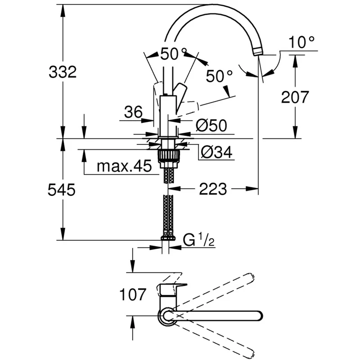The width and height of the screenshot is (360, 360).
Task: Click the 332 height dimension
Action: pyautogui.click(x=63, y=72)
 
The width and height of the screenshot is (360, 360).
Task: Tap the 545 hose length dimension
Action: pyautogui.click(x=62, y=190)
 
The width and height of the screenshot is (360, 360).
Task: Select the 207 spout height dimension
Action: pyautogui.click(x=295, y=97)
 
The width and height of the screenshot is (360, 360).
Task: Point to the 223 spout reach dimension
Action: pyautogui.click(x=213, y=189)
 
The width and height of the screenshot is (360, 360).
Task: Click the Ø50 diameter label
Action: pyautogui.click(x=211, y=126)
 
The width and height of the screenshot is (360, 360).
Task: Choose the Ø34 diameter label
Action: pyautogui.click(x=217, y=152)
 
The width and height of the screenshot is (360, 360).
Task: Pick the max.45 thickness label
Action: pyautogui.click(x=124, y=166)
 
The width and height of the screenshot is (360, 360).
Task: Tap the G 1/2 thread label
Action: pyautogui.click(x=199, y=240)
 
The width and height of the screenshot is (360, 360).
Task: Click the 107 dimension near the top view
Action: pyautogui.click(x=133, y=295)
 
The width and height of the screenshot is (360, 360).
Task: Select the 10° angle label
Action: pyautogui.click(x=301, y=42)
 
